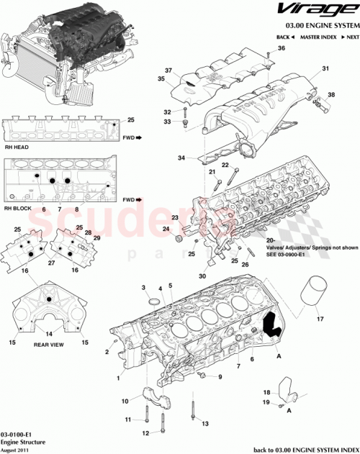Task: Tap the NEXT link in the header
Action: (x=351, y=36)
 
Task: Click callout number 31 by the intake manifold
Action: (x=325, y=69)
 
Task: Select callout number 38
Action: (x=332, y=95)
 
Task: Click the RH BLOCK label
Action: (x=17, y=208)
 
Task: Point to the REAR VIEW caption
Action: (x=47, y=345)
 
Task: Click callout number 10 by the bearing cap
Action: (x=125, y=400)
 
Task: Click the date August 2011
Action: (x=17, y=450)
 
